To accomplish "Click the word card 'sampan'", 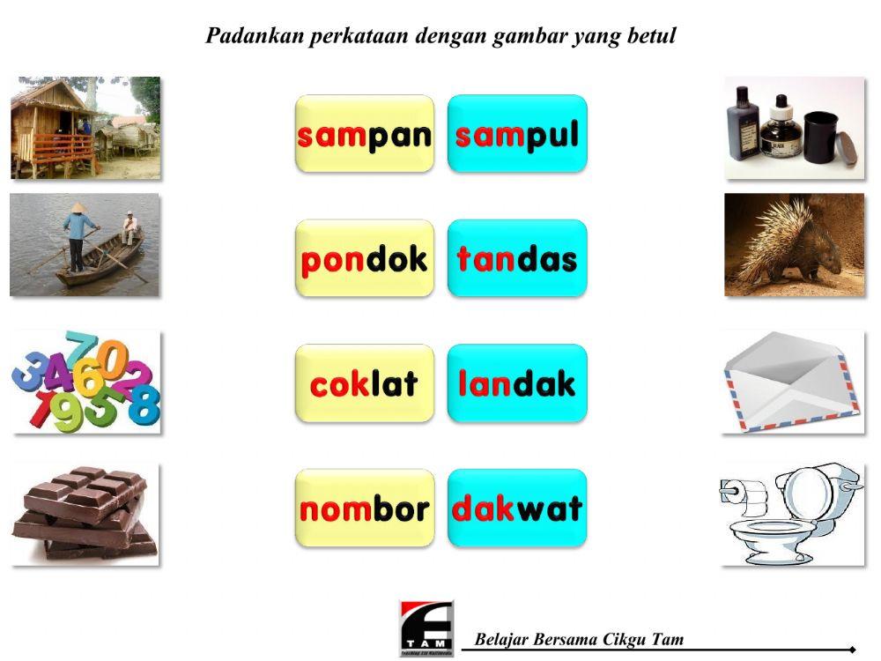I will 365,134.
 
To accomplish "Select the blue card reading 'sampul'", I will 517,134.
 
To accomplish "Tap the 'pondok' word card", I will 365,258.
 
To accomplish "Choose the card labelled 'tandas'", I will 517,258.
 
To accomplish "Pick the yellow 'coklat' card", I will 365,383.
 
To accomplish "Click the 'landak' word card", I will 517,383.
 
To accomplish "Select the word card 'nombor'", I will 365,509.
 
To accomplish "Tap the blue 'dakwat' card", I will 517,509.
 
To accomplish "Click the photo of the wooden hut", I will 85,128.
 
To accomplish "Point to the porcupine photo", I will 795,245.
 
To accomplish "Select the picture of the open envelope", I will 791,382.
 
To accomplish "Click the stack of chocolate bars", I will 85,513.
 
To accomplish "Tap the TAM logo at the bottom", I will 426,628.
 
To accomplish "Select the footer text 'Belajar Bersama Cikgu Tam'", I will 579,639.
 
